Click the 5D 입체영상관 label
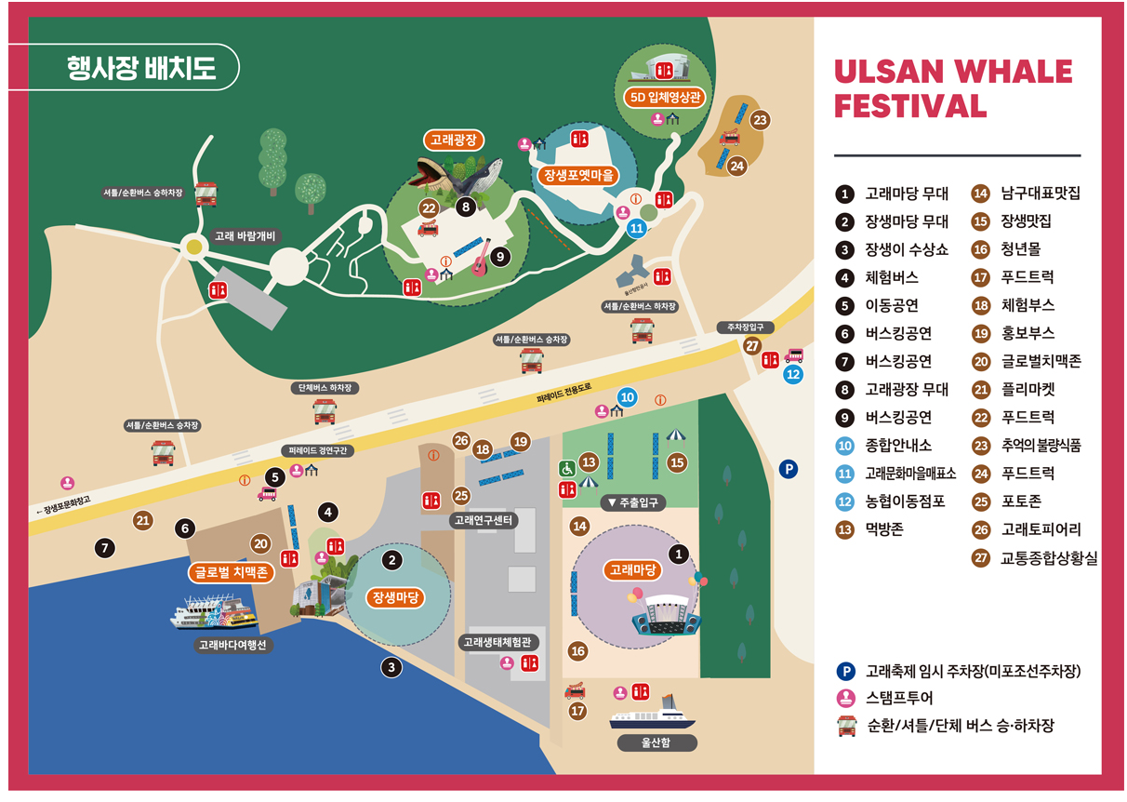[664, 97]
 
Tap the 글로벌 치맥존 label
[230, 572]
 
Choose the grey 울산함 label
[656, 743]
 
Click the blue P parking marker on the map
[789, 469]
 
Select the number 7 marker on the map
[106, 548]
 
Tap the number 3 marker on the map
[391, 667]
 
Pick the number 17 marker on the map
[578, 711]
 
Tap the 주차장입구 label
[745, 327]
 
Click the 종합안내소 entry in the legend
[897, 446]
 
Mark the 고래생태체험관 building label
[500, 641]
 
